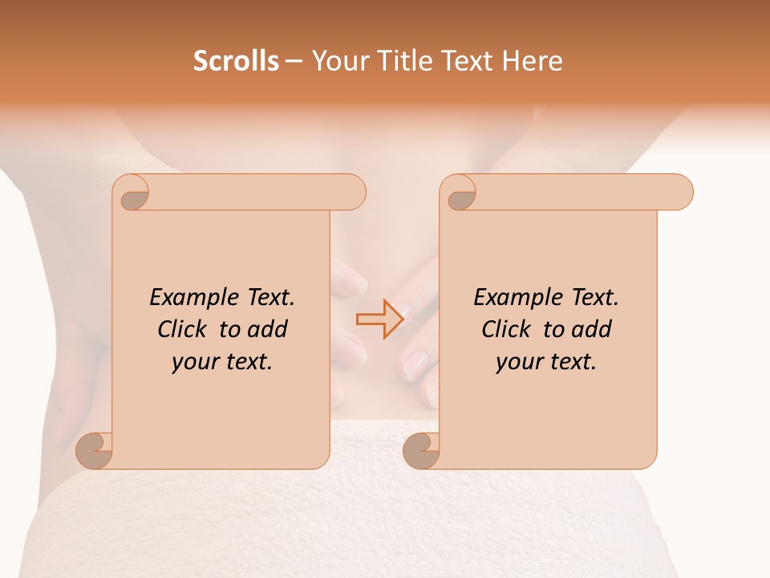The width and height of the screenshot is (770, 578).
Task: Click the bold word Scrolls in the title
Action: coord(236,61)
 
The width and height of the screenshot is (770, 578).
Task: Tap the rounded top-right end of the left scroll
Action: coord(353,193)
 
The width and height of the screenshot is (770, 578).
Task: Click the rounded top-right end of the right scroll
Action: coord(680,193)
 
